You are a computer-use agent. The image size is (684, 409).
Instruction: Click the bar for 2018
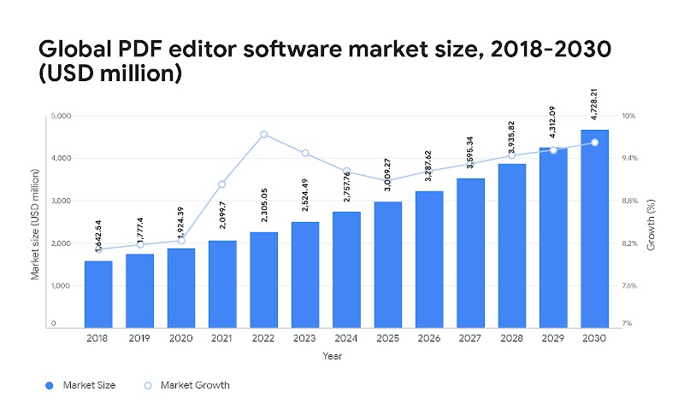[98, 294]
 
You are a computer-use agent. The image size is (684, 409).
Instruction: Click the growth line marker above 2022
[263, 134]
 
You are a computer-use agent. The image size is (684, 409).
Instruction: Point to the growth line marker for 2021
[222, 184]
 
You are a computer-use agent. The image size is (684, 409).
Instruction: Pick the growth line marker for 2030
[594, 143]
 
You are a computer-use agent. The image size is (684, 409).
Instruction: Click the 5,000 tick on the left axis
[59, 116]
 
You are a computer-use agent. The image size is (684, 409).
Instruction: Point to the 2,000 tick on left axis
[59, 243]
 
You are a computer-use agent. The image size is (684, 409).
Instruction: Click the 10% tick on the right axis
[628, 116]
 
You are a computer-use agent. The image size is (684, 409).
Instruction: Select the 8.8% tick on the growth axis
[629, 201]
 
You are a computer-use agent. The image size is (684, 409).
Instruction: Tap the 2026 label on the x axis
[429, 338]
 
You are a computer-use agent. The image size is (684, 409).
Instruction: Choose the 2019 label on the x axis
[139, 338]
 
